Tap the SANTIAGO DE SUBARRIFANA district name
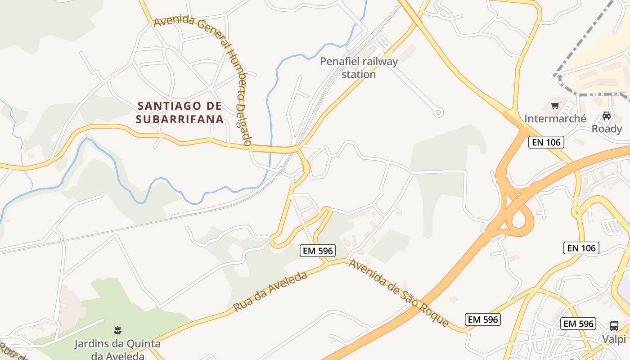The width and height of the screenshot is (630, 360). click(180, 112)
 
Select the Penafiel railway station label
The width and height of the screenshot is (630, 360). click(359, 67)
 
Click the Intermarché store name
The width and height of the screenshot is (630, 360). click(555, 118)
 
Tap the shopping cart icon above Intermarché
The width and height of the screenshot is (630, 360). click(555, 106)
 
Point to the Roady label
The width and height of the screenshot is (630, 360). click(606, 129)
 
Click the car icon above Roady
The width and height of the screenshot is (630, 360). click(606, 116)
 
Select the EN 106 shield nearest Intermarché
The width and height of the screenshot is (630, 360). click(546, 143)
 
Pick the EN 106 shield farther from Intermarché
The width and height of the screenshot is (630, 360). click(581, 247)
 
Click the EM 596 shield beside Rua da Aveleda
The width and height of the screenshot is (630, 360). click(318, 251)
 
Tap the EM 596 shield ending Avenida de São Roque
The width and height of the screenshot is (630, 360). click(482, 319)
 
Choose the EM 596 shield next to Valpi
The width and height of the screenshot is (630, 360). click(579, 323)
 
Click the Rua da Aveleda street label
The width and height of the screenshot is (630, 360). click(270, 292)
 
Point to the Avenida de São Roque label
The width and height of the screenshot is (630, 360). click(398, 293)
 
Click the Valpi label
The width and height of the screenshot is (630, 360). click(614, 338)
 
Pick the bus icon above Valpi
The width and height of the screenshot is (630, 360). click(614, 325)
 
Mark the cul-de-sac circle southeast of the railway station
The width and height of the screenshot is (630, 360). click(438, 112)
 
